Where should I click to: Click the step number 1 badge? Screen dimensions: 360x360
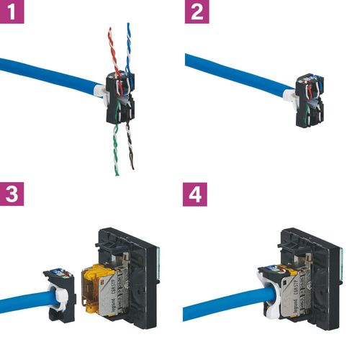(x=13, y=13)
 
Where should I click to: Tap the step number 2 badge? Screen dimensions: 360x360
(x=197, y=12)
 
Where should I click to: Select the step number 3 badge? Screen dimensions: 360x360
(x=13, y=194)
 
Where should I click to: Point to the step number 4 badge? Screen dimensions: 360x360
(x=197, y=194)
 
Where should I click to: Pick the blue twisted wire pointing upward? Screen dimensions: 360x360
(x=130, y=43)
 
